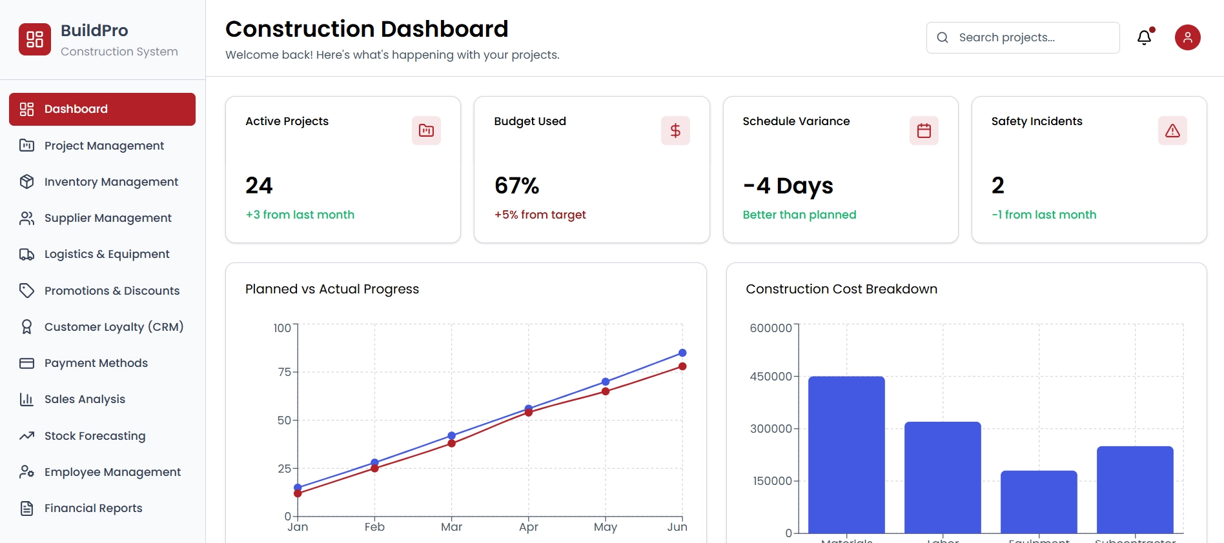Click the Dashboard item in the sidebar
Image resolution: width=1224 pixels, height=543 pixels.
(x=102, y=109)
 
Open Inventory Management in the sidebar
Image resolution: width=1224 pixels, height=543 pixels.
(x=110, y=182)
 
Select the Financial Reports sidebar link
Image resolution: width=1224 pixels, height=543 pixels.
(x=93, y=508)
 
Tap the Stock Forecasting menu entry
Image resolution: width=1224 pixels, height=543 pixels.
(x=94, y=436)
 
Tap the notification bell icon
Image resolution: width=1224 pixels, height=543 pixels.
(x=1144, y=37)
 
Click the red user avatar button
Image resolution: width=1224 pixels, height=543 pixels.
(x=1187, y=37)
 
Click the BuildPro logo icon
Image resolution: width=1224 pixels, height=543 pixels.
(x=35, y=39)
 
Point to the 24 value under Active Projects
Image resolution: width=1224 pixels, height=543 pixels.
(x=259, y=186)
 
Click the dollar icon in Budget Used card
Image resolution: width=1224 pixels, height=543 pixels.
(x=675, y=131)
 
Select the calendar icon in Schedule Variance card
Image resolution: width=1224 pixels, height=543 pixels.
(x=924, y=131)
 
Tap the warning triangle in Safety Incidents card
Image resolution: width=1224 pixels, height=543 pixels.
(x=1172, y=131)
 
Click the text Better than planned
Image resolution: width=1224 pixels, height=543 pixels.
(x=799, y=215)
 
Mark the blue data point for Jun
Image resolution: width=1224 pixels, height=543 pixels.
(x=682, y=353)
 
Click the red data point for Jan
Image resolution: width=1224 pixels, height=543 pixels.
(x=298, y=493)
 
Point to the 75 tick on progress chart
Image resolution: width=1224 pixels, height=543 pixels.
(x=284, y=372)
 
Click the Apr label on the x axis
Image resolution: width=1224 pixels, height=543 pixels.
(x=528, y=527)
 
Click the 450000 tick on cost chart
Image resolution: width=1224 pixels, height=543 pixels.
(x=770, y=377)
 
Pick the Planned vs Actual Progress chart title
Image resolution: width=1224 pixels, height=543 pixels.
(x=332, y=289)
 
